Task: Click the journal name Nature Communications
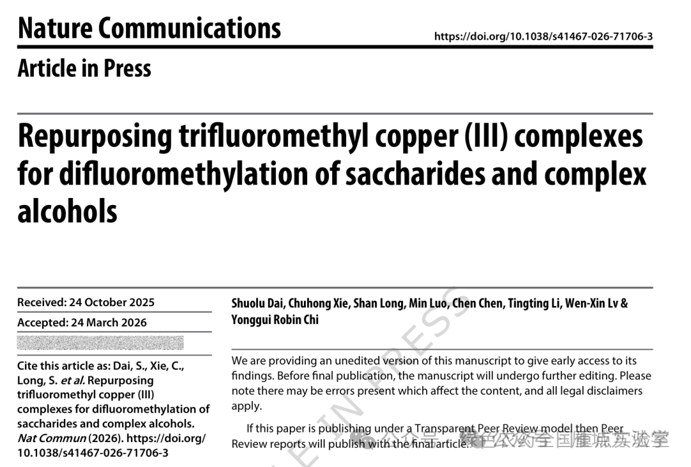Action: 149,28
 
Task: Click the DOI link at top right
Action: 543,37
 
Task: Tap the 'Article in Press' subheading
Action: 84,68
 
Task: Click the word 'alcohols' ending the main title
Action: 67,211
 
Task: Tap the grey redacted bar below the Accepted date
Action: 100,343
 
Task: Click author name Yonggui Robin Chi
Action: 275,319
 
